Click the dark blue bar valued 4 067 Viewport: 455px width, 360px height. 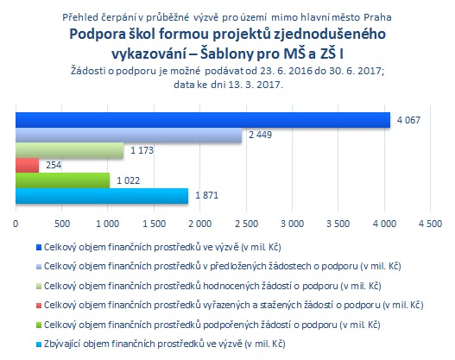click(x=203, y=120)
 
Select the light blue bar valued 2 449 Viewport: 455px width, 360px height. click(x=129, y=136)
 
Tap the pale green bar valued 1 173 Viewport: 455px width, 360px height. click(x=70, y=150)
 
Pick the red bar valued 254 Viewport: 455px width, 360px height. click(x=28, y=166)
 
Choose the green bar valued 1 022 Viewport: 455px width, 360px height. click(x=63, y=180)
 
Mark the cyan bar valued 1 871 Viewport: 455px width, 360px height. click(x=102, y=196)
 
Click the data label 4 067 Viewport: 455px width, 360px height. click(x=408, y=120)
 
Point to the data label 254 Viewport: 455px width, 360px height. click(x=54, y=166)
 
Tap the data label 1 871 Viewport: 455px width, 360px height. click(x=206, y=195)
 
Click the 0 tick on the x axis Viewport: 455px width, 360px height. click(x=16, y=224)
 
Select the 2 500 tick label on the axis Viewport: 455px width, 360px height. click(x=246, y=224)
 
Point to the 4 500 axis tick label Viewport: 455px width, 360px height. click(x=430, y=224)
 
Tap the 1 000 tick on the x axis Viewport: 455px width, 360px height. click(x=108, y=224)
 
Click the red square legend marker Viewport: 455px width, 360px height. click(x=39, y=306)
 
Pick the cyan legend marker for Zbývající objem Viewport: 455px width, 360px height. click(x=39, y=344)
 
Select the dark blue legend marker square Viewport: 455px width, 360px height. click(x=39, y=248)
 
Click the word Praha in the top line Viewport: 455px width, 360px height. click(x=377, y=17)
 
